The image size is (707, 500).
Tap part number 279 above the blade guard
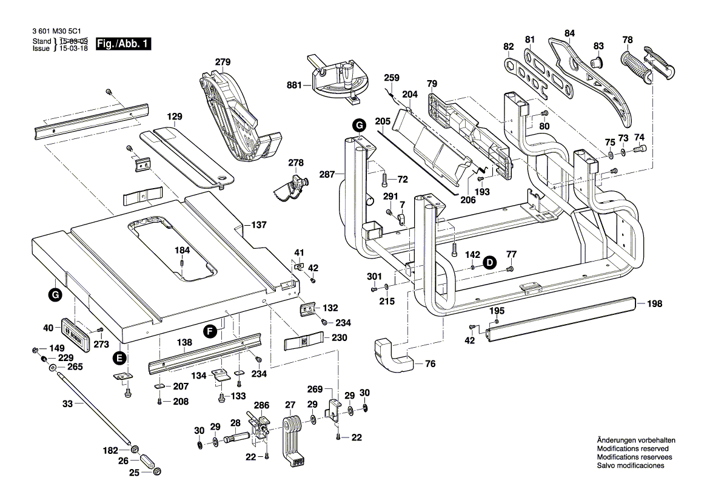click(x=223, y=62)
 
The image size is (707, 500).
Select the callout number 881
click(x=295, y=86)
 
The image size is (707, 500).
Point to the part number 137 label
click(x=259, y=225)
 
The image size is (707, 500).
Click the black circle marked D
click(x=489, y=262)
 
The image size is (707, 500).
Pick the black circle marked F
click(x=210, y=331)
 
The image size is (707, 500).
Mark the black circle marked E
click(x=119, y=357)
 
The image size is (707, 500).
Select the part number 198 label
click(x=654, y=304)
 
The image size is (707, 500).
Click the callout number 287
click(x=327, y=175)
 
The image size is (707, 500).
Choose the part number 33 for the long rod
click(x=67, y=403)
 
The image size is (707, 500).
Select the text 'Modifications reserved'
click(x=631, y=449)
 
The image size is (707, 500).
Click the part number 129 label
click(x=175, y=117)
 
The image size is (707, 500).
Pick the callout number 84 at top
click(x=569, y=33)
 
